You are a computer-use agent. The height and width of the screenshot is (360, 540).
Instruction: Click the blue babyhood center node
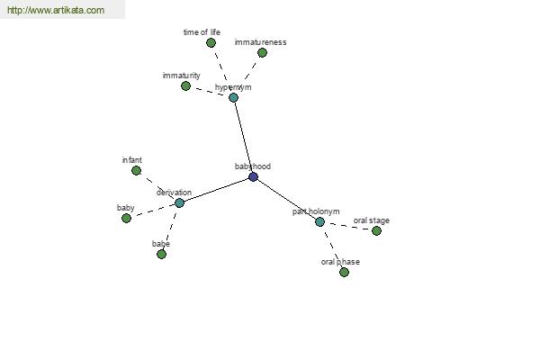(x=253, y=177)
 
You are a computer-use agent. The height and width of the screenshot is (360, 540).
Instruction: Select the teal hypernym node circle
(x=233, y=97)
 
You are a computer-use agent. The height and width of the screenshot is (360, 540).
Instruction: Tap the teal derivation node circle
(x=179, y=202)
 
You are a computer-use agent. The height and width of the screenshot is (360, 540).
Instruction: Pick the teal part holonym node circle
(x=319, y=222)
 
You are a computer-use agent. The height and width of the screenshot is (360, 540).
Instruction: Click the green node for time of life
(x=211, y=42)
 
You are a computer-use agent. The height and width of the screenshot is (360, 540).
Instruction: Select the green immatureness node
(x=262, y=53)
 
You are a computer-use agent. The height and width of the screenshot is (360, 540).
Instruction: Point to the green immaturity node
(x=185, y=85)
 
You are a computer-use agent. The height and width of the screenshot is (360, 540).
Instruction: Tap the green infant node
(x=137, y=170)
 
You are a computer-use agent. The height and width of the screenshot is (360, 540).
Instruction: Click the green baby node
(x=126, y=218)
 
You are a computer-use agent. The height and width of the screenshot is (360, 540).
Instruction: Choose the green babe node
(x=161, y=254)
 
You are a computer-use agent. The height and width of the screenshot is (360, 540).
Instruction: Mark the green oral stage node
(x=376, y=230)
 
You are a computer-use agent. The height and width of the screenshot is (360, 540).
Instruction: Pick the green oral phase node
(x=344, y=272)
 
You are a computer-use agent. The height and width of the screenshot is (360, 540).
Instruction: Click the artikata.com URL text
(x=56, y=10)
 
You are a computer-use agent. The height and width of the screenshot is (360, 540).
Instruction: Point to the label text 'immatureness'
(x=260, y=42)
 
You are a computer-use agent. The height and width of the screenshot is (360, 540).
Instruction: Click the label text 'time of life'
(x=202, y=32)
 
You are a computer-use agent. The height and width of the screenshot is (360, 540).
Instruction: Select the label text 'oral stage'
(x=371, y=220)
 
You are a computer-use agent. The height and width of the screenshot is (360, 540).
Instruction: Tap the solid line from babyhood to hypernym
(x=244, y=137)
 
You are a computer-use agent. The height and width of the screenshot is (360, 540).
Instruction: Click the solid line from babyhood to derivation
(x=216, y=190)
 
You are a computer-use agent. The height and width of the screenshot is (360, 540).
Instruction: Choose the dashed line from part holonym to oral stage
(x=347, y=226)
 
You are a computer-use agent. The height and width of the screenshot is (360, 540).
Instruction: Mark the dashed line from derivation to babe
(x=170, y=229)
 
